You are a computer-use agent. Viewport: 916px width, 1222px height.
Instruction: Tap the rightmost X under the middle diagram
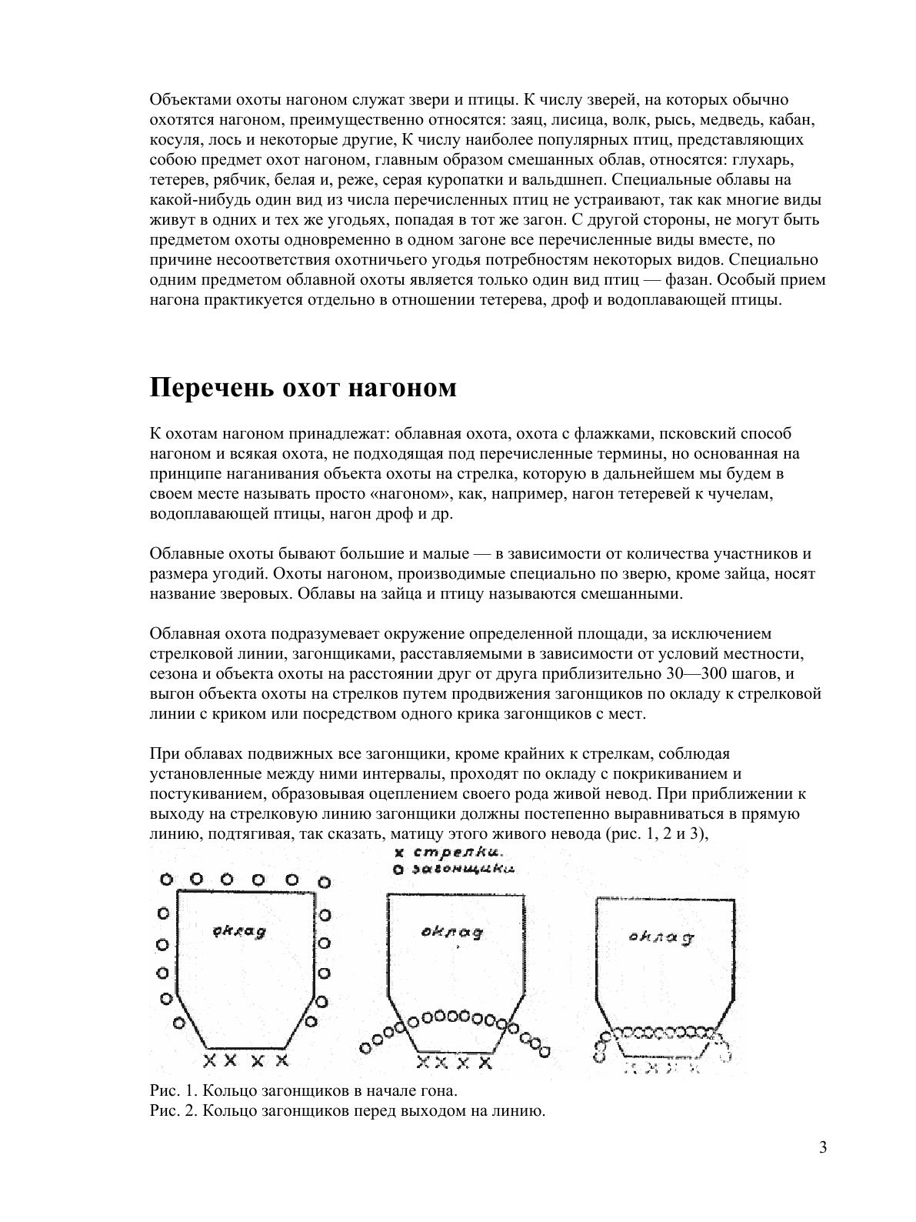[485, 1063]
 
